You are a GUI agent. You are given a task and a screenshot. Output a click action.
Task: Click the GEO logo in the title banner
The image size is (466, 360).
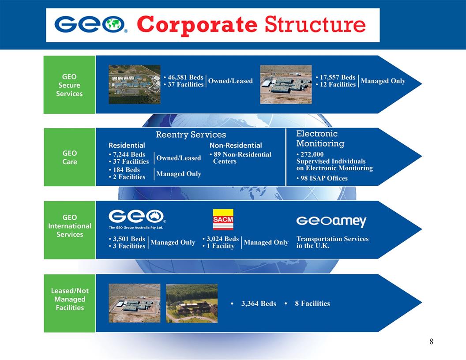pyautogui.click(x=91, y=25)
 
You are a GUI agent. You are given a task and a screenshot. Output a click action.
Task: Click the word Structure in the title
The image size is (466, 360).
pyautogui.click(x=315, y=25)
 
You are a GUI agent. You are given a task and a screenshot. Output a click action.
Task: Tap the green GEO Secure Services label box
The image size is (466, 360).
pyautogui.click(x=69, y=85)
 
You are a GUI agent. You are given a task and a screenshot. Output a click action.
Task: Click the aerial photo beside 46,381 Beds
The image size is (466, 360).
pyautogui.click(x=135, y=84)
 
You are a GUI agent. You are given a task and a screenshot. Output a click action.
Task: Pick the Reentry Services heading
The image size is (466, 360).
pyautogui.click(x=191, y=135)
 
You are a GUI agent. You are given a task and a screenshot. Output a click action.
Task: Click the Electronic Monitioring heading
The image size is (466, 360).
pyautogui.click(x=320, y=139)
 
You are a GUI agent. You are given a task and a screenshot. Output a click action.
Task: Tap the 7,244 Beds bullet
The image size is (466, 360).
pyautogui.click(x=127, y=154)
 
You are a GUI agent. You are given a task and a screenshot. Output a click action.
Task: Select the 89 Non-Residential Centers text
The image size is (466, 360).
pyautogui.click(x=241, y=157)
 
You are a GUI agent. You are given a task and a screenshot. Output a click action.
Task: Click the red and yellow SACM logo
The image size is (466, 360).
pyautogui.click(x=223, y=219)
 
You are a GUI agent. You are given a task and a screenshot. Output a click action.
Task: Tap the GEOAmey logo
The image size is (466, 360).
pyautogui.click(x=331, y=221)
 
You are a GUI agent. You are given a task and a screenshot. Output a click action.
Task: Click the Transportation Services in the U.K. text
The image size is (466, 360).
pyautogui.click(x=332, y=242)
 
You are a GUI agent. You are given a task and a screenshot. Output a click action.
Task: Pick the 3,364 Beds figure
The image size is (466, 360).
pyautogui.click(x=258, y=304)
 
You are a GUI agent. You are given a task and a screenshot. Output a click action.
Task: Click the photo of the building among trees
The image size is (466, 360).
pyautogui.click(x=192, y=303)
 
